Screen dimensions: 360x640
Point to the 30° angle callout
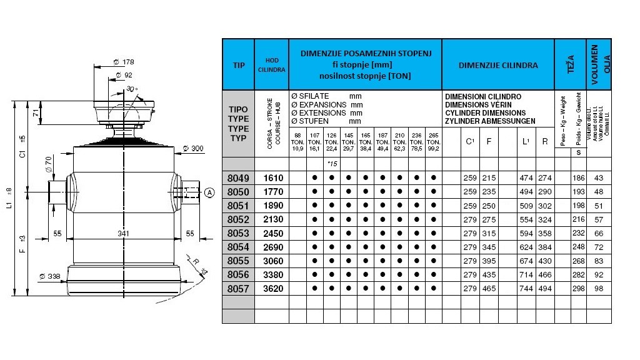[x=131, y=89]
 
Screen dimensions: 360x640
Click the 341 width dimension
[x=124, y=233]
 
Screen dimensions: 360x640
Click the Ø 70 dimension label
[x=47, y=164]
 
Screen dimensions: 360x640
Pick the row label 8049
[x=238, y=178]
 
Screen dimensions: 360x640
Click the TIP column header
[x=238, y=65]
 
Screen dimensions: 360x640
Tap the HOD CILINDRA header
[x=271, y=65]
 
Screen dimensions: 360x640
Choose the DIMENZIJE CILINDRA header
[x=497, y=65]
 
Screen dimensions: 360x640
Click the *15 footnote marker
[x=332, y=164]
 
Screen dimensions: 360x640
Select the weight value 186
[x=578, y=178]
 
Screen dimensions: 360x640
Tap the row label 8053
[x=238, y=232]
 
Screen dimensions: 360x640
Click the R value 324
[x=545, y=219]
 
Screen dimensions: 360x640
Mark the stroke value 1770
[x=271, y=192]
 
